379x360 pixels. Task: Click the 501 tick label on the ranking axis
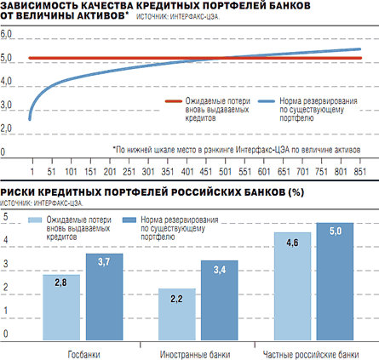(225, 172)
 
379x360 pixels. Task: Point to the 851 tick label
(359, 172)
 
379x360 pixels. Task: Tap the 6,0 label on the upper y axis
(6, 34)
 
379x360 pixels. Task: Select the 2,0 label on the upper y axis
(6, 129)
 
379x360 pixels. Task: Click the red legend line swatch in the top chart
(174, 101)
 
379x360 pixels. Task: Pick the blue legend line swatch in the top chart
(267, 101)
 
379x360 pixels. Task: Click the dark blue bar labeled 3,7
(105, 297)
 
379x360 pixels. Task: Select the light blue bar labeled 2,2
(177, 314)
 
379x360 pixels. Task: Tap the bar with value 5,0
(335, 282)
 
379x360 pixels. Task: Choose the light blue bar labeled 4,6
(292, 286)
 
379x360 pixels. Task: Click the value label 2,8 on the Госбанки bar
(60, 283)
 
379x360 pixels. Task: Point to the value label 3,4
(220, 270)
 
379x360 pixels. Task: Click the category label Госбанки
(83, 354)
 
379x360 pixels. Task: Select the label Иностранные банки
(195, 354)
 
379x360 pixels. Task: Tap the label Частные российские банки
(311, 354)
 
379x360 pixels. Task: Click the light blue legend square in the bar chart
(35, 220)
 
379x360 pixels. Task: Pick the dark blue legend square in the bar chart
(129, 220)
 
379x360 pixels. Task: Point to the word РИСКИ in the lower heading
(17, 192)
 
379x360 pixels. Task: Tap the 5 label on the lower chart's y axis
(5, 217)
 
